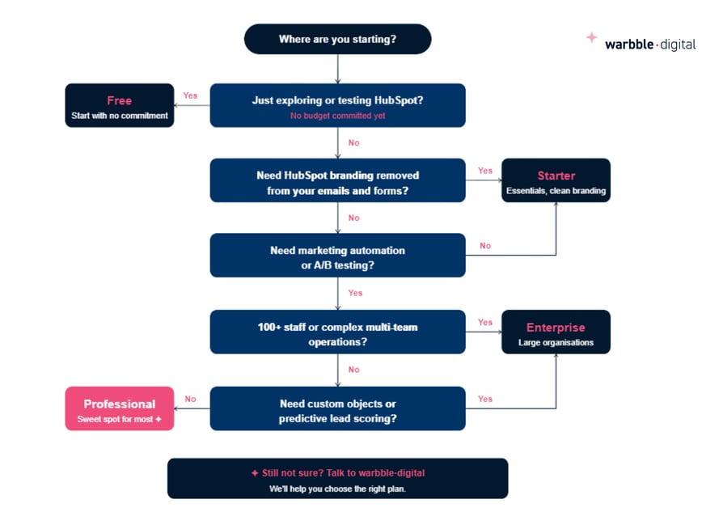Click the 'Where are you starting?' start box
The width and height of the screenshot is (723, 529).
337,39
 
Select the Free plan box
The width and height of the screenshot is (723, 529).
119,105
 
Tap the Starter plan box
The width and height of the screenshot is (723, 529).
556,180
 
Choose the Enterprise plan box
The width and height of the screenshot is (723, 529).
556,332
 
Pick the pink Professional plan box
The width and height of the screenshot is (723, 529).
119,408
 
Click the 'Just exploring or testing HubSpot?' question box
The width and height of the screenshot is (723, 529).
337,105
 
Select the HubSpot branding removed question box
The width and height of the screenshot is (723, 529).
337,180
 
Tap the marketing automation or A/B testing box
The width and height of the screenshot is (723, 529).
337,256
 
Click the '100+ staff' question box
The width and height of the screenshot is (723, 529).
337,332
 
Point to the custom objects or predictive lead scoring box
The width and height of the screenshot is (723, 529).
337,408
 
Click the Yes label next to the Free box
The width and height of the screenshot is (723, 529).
190,95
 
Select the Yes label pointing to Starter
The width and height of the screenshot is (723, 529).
485,171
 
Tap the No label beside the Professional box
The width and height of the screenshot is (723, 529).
190,399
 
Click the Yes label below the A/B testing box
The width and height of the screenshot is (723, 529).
355,293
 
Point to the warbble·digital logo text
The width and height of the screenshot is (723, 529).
650,44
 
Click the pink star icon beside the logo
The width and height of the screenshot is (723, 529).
591,37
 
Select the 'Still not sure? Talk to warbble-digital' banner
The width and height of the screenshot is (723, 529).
337,478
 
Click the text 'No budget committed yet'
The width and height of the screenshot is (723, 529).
337,116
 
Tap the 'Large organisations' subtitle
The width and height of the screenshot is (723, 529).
556,342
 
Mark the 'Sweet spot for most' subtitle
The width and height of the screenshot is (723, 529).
119,419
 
